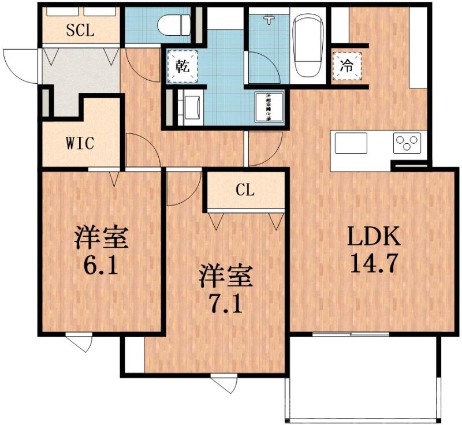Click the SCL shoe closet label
[x=80, y=31]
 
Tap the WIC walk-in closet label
[x=80, y=143]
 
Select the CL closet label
[x=245, y=191]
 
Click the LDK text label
[x=372, y=237]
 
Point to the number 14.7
[x=372, y=264]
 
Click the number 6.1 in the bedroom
[x=101, y=266]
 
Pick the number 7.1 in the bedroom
[x=226, y=303]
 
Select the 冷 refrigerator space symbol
[x=346, y=65]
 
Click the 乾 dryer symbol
[x=181, y=65]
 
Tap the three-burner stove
[x=407, y=143]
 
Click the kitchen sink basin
[x=351, y=143]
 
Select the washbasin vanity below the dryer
[x=190, y=107]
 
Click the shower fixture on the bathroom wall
[x=269, y=19]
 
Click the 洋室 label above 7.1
[x=226, y=276]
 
